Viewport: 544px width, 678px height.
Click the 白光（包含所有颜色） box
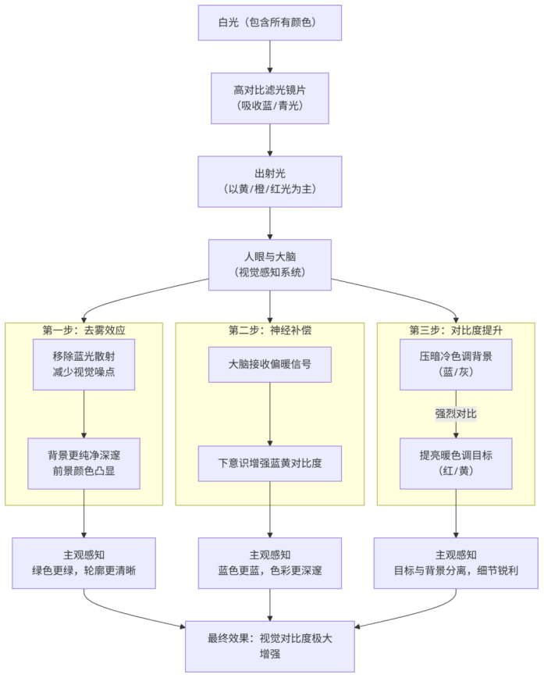click(x=269, y=23)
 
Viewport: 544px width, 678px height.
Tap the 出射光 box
click(x=269, y=181)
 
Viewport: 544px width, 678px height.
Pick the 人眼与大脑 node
click(x=269, y=265)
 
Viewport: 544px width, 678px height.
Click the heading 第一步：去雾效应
click(x=84, y=330)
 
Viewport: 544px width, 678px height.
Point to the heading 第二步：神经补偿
click(x=270, y=330)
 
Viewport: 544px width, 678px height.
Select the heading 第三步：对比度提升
click(x=456, y=330)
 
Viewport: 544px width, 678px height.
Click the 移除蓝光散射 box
click(x=84, y=364)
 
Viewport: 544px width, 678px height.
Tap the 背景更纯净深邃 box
click(x=84, y=463)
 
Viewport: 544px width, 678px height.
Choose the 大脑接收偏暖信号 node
click(x=270, y=364)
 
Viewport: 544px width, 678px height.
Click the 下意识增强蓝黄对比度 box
click(x=270, y=463)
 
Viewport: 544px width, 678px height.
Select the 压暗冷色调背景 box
click(x=456, y=364)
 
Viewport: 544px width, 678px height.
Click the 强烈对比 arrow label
click(x=456, y=413)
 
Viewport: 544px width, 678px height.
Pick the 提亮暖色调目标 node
click(x=456, y=463)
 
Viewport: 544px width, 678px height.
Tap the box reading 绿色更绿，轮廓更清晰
click(x=84, y=562)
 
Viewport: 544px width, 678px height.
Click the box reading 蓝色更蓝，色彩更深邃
click(x=270, y=562)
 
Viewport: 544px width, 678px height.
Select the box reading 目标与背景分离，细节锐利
click(x=456, y=562)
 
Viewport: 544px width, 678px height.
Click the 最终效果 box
click(x=270, y=646)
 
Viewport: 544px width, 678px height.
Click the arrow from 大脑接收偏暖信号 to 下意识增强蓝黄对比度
click(x=270, y=413)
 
